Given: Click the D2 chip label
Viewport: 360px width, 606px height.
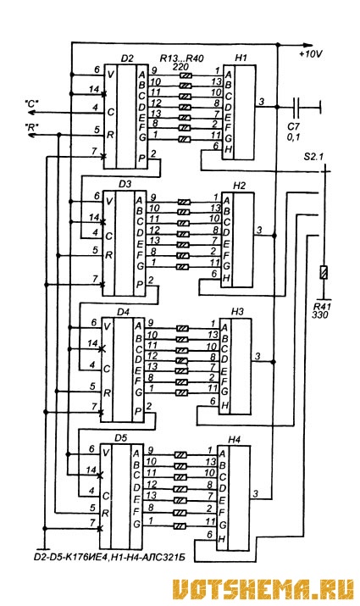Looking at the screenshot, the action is click(127, 58).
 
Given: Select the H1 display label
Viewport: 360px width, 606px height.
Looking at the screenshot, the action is click(241, 58).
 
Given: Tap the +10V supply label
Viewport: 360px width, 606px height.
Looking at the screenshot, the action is click(311, 54).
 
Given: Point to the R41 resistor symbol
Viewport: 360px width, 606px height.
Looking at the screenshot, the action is click(324, 272).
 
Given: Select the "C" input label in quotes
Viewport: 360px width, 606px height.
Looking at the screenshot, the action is click(32, 103).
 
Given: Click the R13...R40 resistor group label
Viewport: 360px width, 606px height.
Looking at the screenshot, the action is click(181, 58).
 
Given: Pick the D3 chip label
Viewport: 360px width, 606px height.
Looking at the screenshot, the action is click(125, 185).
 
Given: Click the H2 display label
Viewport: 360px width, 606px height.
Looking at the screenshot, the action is click(239, 186).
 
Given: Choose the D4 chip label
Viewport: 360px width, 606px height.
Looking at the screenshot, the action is click(123, 312).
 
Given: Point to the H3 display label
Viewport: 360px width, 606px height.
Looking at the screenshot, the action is click(237, 312).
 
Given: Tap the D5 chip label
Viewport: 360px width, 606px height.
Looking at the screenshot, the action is click(121, 438).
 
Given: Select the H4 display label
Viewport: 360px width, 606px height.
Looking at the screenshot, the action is click(234, 439).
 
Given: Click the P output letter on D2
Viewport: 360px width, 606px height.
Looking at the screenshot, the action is click(141, 158).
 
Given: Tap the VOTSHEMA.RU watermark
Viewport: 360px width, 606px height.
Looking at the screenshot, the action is click(263, 589).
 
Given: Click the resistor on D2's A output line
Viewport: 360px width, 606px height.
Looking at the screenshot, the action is click(186, 75).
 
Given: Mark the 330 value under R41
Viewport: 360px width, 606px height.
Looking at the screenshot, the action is click(320, 315).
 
